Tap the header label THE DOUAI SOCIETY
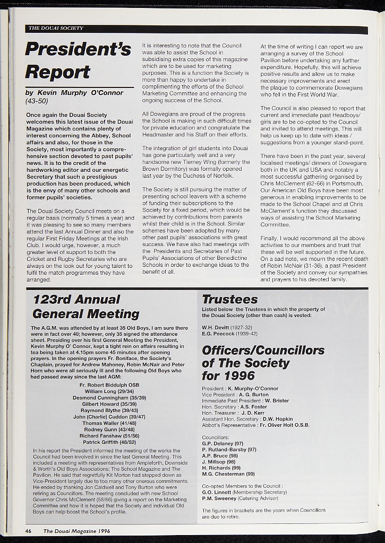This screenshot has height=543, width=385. [x=55, y=28]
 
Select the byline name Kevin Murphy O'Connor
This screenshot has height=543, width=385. [x=80, y=93]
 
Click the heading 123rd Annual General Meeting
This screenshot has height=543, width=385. [x=85, y=306]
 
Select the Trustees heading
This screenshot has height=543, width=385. [x=229, y=300]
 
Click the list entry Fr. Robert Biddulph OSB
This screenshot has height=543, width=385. [x=109, y=384]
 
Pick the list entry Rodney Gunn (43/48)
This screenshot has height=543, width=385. [x=109, y=430]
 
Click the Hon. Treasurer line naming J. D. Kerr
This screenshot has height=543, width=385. [x=233, y=413]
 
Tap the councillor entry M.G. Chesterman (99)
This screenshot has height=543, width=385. [x=228, y=474]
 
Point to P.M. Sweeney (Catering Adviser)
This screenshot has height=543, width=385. [x=240, y=498]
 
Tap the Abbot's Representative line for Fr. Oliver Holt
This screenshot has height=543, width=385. [x=255, y=425]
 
